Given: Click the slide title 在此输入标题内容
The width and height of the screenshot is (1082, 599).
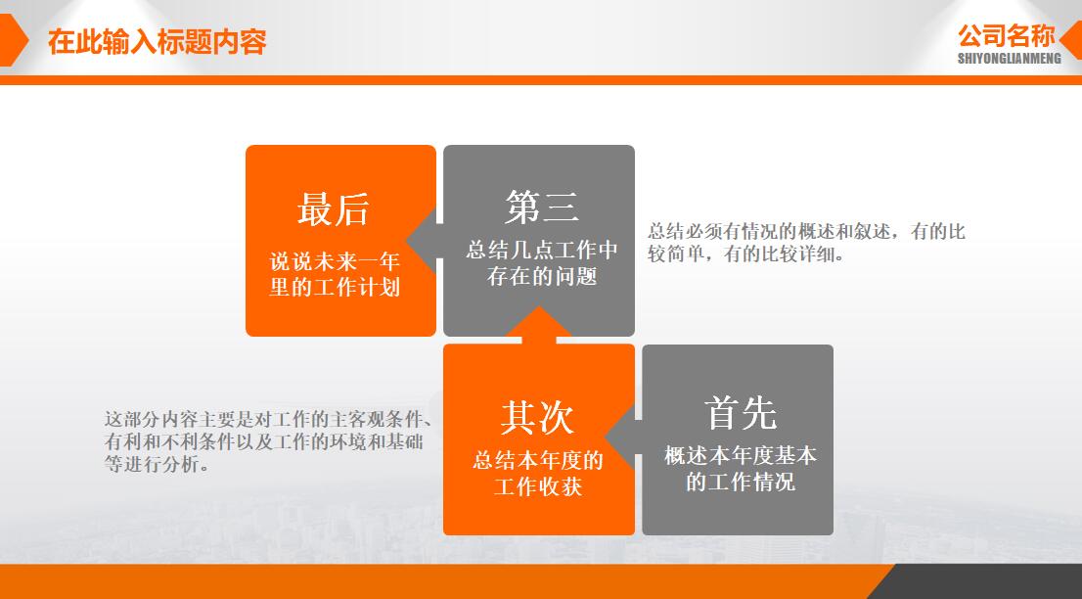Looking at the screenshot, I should tap(158, 42).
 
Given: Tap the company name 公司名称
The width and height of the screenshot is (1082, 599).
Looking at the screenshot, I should tap(1007, 36).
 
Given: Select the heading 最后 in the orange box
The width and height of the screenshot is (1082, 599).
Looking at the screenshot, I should tap(334, 209).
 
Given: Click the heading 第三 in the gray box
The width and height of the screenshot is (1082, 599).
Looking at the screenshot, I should tap(542, 207).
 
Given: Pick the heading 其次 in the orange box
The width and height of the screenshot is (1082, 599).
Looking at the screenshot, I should tap(537, 417).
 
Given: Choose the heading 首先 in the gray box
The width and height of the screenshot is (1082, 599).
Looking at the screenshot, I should tap(740, 414).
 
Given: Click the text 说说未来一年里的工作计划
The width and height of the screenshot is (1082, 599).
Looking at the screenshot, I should tap(336, 275).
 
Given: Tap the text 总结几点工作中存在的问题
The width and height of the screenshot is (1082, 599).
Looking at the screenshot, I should tap(542, 263).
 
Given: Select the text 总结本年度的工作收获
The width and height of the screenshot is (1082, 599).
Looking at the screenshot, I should tap(538, 473).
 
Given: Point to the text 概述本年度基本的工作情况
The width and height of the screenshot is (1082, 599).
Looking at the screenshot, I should tap(740, 469).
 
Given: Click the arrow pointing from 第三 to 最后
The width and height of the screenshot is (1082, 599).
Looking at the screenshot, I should tap(424, 241).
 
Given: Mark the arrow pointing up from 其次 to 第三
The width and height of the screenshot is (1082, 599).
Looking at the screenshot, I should tap(539, 324).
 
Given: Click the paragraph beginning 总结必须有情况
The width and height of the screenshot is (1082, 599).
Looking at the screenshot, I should tap(806, 243).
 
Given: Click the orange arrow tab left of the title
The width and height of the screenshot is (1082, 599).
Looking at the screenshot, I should tap(12, 41).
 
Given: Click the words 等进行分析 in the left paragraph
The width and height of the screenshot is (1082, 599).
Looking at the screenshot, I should tap(157, 466).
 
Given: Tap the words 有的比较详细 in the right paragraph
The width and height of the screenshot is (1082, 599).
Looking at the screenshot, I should tap(785, 254).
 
